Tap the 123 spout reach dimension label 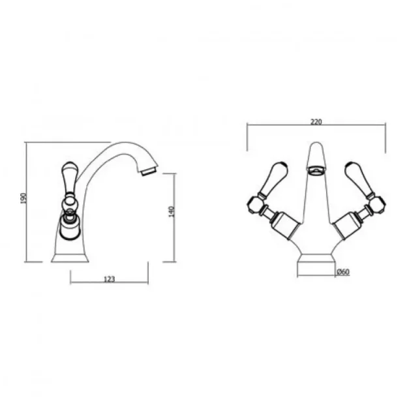(109, 279)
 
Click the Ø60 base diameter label (342, 272)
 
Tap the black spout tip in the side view (149, 171)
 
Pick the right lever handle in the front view (356, 175)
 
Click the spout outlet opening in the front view (314, 171)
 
